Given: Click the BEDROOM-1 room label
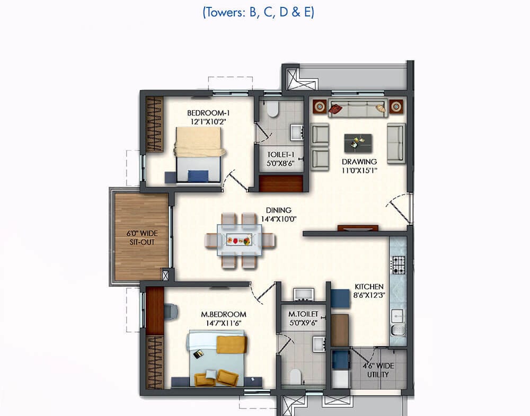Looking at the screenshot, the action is pos(208,113).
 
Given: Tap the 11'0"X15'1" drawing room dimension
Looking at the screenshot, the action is pos(359,170).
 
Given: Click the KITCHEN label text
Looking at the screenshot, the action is pos(369,287).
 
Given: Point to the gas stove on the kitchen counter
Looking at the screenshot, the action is pos(398,264).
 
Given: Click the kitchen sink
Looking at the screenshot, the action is pos(398,330).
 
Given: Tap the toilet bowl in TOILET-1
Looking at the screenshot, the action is pos(272,109).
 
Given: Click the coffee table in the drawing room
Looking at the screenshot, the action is pos(358,143).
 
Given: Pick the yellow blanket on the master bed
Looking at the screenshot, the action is pos(231,344).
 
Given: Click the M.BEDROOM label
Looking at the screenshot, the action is pos(224,315).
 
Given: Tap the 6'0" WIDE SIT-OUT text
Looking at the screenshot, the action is pos(142,237).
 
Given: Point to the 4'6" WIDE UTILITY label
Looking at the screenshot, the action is pos(378,370).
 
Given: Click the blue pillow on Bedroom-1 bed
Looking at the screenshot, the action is pos(198,176).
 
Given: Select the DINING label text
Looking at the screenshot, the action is pos(279,210).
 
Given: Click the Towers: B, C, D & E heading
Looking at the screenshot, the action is pos(259,13).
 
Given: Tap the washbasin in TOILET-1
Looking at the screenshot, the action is pos(297,132).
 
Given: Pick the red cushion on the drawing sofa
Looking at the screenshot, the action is pos(335,109).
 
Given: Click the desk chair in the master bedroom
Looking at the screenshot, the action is pos(171,311).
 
